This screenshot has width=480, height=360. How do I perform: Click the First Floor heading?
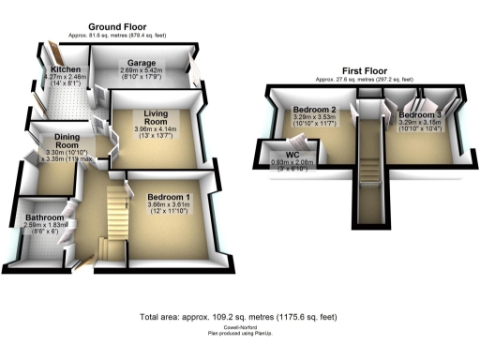pos(364,70)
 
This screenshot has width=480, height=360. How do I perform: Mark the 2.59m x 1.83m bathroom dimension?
pos(44,225)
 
